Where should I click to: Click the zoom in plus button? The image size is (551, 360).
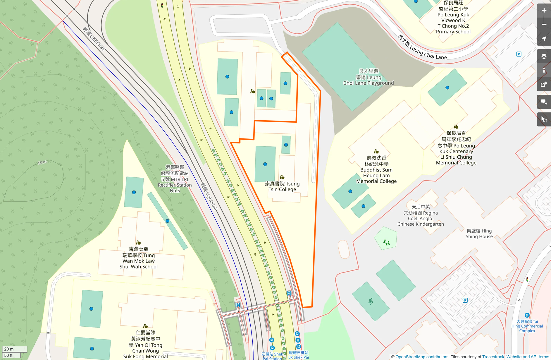click(544, 11)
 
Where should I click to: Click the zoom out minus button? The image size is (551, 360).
click(544, 25)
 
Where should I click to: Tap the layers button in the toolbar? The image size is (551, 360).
click(544, 56)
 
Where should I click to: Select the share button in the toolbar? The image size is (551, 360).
click(544, 85)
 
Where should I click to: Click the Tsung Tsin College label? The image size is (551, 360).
click(282, 186)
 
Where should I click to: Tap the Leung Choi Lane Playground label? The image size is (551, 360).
click(369, 77)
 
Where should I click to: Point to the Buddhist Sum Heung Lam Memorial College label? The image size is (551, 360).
click(376, 170)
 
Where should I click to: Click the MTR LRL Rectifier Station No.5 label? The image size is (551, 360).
click(175, 179)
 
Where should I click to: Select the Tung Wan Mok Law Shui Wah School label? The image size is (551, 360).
click(138, 258)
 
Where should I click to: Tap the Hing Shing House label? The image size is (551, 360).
click(479, 234)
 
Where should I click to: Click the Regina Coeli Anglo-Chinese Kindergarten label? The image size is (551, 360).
click(420, 215)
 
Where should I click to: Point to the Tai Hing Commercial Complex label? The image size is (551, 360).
click(527, 326)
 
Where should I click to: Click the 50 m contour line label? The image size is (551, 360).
click(42, 162)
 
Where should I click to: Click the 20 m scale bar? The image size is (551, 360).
click(14, 349)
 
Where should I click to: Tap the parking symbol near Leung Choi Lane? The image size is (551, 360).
click(519, 54)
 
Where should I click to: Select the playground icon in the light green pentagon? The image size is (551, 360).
click(386, 242)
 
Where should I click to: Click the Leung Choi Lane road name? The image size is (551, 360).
click(422, 47)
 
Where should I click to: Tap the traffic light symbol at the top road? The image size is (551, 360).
click(162, 5)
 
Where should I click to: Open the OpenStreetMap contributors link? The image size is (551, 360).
click(422, 357)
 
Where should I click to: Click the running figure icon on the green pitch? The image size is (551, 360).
click(371, 301)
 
